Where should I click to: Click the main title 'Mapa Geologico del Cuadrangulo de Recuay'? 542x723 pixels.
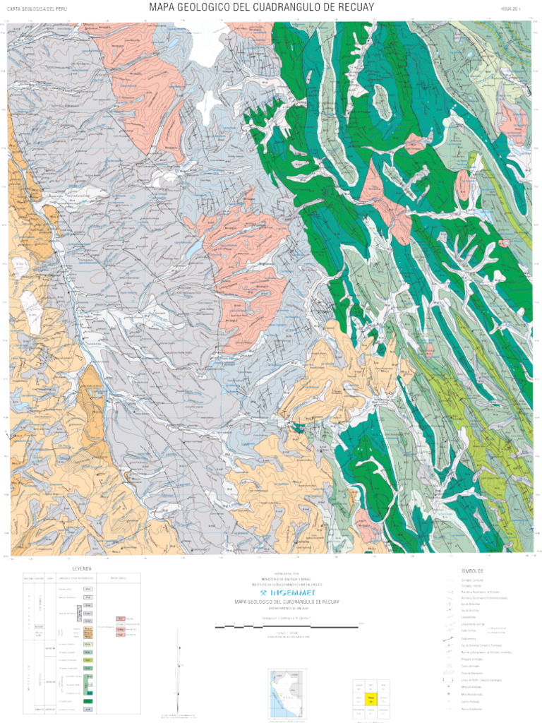(x=261, y=8)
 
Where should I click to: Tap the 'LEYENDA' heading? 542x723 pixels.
(x=82, y=568)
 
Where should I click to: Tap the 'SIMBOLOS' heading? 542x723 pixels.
(x=472, y=570)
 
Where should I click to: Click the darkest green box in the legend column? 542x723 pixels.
(x=88, y=701)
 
